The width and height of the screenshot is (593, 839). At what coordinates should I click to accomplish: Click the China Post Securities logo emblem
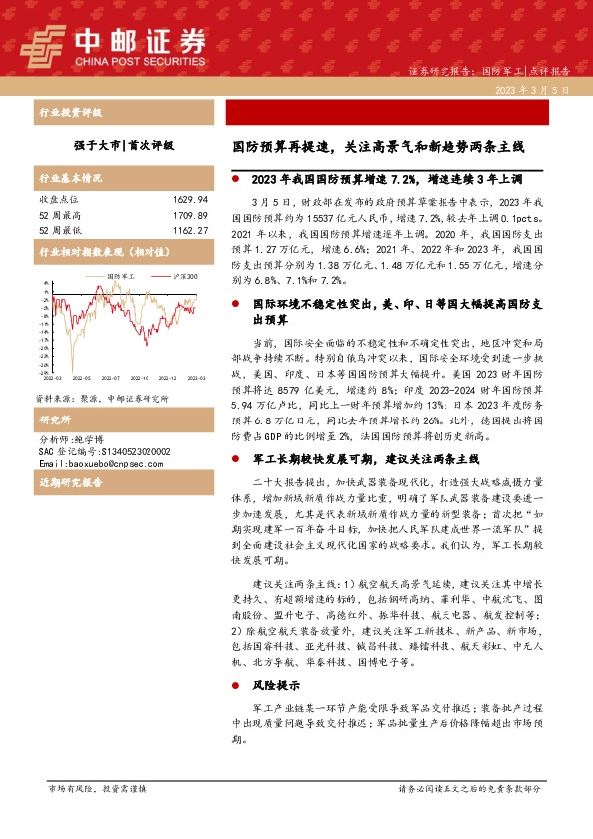coord(43,42)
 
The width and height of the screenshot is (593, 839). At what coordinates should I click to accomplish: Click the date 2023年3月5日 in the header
coord(538,90)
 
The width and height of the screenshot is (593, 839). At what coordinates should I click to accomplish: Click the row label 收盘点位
coord(57,199)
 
